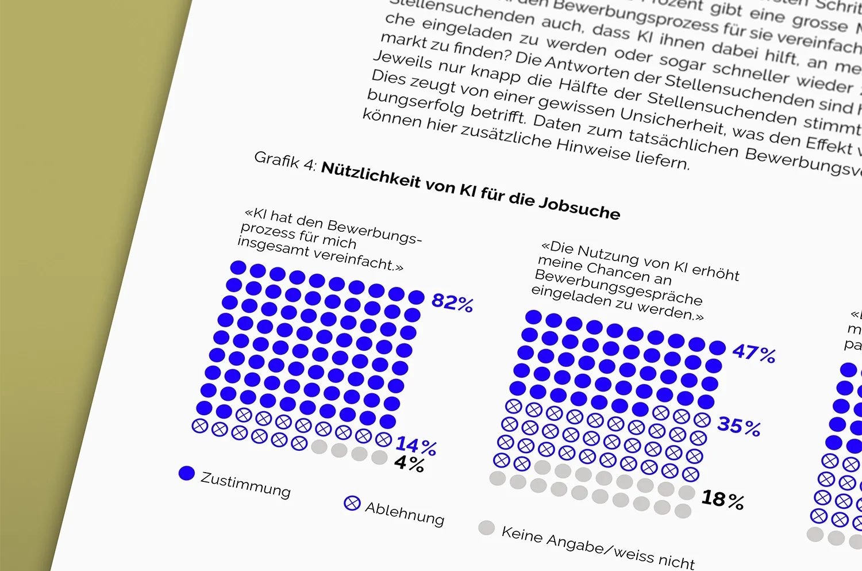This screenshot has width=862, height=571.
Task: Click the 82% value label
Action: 452,302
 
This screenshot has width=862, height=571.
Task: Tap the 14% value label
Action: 415,445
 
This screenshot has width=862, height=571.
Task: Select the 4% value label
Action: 409,463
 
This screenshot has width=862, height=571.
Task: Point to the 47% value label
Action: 754,352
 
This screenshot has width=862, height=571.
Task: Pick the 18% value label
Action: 722,499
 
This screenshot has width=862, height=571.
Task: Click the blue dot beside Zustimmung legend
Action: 187,473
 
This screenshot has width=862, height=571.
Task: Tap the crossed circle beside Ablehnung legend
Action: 352,503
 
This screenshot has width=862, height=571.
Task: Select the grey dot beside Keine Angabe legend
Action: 486,528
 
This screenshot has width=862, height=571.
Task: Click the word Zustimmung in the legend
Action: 245,485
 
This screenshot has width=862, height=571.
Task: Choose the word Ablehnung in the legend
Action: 405,513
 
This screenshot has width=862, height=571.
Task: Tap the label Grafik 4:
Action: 285,160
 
